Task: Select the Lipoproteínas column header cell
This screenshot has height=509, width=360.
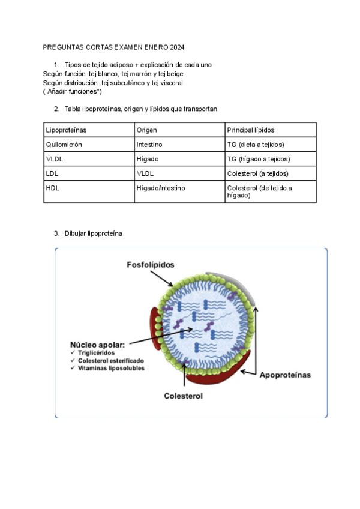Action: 65,130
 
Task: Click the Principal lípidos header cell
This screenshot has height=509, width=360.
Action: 251,130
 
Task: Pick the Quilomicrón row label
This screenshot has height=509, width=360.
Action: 64,145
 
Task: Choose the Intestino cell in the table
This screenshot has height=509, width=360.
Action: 149,145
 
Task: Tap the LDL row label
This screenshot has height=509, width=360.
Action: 52,173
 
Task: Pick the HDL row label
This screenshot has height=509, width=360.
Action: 53,188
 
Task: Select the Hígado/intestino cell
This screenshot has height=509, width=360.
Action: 161,188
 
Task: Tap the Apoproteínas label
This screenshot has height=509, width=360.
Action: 285,375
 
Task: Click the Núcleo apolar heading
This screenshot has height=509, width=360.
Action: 98,345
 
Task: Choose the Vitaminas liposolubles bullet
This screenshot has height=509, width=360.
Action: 111,368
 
